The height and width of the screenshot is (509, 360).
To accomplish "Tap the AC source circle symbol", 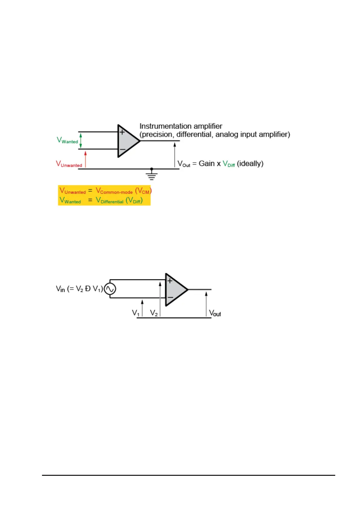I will pyautogui.click(x=110, y=289).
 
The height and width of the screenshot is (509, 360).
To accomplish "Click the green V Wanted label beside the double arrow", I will pyautogui.click(x=67, y=140).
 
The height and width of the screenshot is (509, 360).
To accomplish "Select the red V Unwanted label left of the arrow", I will pyautogui.click(x=69, y=164).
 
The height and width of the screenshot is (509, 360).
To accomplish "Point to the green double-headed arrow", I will pyautogui.click(x=81, y=141).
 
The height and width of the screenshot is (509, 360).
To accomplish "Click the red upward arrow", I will pyautogui.click(x=86, y=159).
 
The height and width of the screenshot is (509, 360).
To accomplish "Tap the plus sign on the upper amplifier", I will pyautogui.click(x=122, y=132).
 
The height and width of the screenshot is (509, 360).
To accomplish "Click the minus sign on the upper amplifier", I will pyautogui.click(x=122, y=149).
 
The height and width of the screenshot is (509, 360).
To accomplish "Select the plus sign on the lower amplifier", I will pyautogui.click(x=170, y=281).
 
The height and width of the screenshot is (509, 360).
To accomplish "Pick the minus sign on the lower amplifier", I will pyautogui.click(x=170, y=298).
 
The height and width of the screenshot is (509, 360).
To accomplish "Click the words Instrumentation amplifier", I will pyautogui.click(x=181, y=126).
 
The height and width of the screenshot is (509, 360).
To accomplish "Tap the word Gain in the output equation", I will pyautogui.click(x=206, y=164).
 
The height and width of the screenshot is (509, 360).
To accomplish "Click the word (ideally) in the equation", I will pyautogui.click(x=250, y=164).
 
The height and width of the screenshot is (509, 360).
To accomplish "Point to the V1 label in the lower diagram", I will pyautogui.click(x=136, y=313).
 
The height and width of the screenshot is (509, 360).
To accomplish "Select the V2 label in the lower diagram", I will pyautogui.click(x=154, y=313).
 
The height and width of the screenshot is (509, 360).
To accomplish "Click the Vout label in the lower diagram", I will pyautogui.click(x=215, y=313).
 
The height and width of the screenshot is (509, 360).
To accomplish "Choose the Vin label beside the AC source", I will pyautogui.click(x=60, y=289).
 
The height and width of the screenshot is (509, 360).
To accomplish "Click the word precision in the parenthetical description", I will pyautogui.click(x=157, y=135).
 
